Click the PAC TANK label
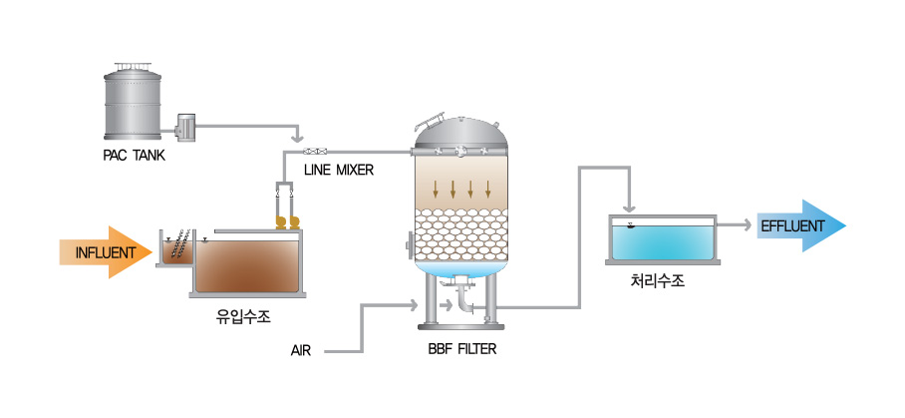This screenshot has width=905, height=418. click(x=135, y=156)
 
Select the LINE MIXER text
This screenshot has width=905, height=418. click(x=339, y=171)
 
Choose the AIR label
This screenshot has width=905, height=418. click(x=302, y=351)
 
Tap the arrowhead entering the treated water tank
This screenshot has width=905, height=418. click(x=629, y=205)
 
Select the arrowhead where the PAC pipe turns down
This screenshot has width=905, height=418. click(x=295, y=137)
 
